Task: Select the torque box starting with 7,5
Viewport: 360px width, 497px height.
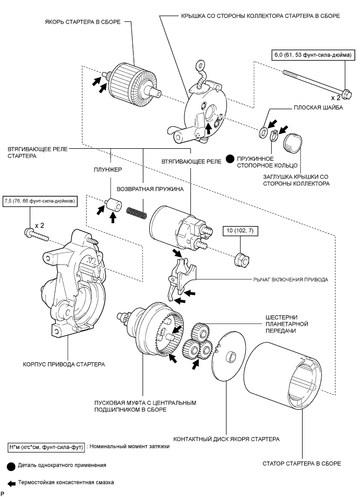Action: click(40, 200)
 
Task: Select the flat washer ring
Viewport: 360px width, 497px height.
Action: click(262, 129)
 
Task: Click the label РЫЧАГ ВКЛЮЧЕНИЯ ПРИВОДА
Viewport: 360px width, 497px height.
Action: click(291, 280)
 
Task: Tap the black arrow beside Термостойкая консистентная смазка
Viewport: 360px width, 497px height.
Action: click(10, 482)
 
